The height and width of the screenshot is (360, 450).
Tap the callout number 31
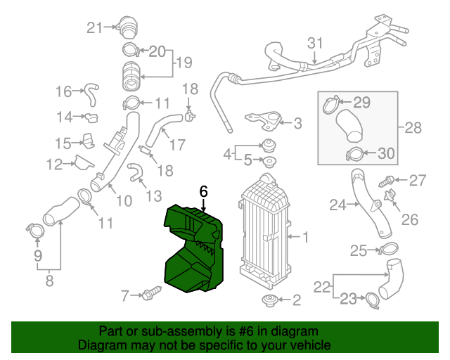[314, 43]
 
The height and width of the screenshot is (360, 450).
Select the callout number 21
[94, 27]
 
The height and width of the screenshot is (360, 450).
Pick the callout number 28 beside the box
[413, 128]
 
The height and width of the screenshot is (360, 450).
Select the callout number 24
[339, 205]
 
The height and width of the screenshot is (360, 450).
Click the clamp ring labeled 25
[389, 248]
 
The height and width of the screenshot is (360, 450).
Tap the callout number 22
[322, 286]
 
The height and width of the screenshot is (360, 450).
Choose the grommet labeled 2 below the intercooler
[268, 302]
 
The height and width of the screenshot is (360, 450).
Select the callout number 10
[124, 201]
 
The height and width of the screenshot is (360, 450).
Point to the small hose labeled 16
[90, 91]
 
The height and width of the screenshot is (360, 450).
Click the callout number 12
[55, 165]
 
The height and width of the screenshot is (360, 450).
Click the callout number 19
[184, 63]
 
